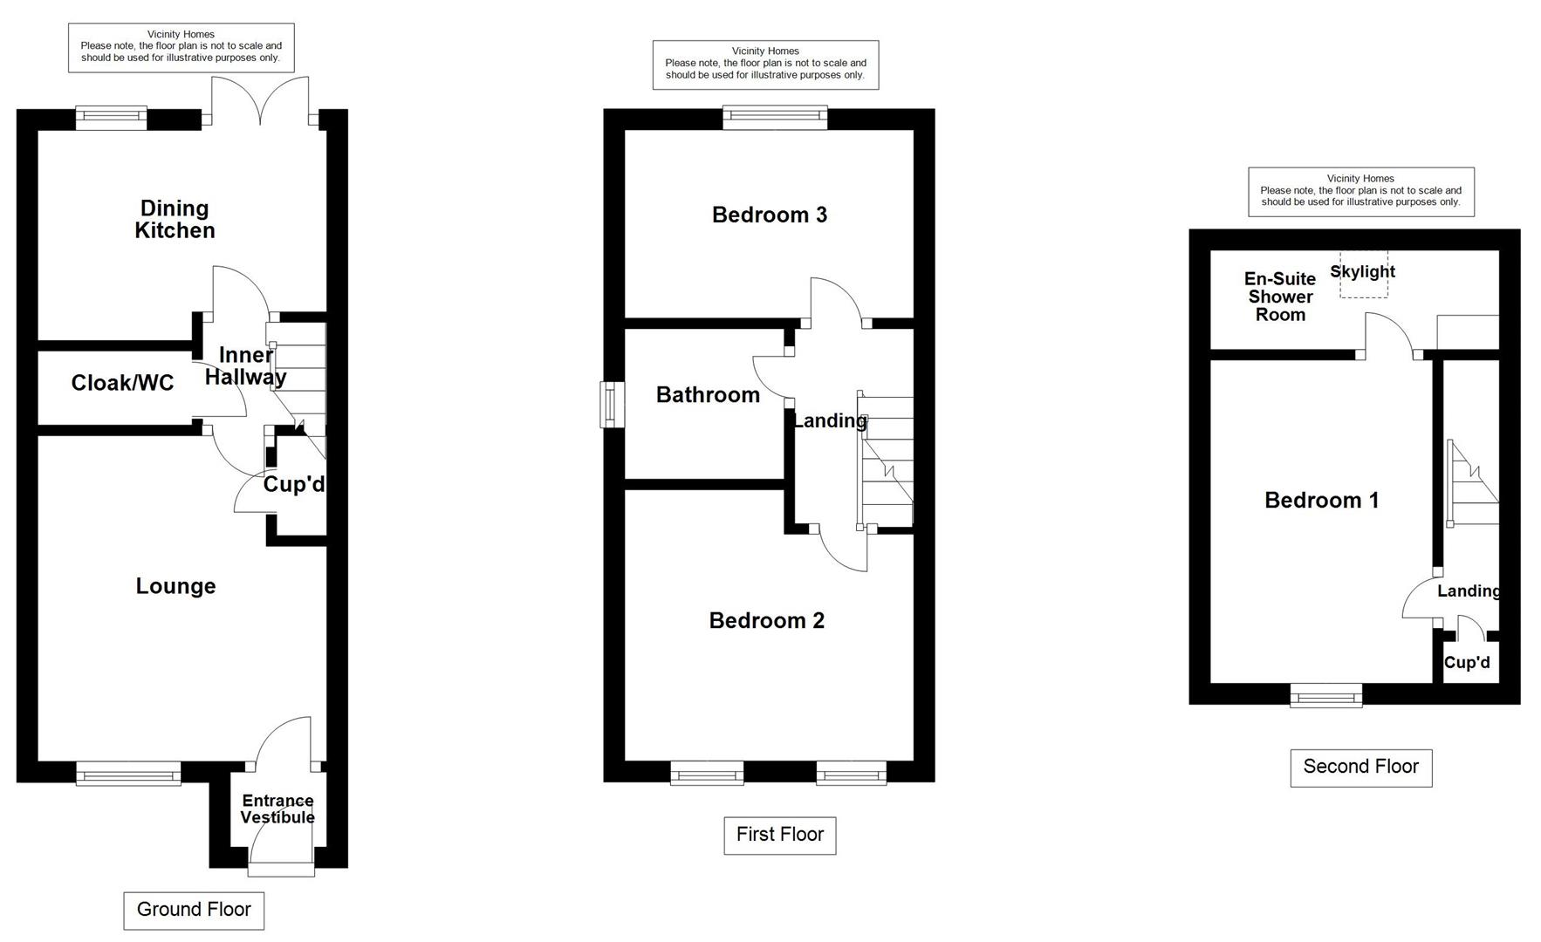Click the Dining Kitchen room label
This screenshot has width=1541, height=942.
(175, 219)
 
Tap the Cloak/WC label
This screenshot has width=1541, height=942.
(122, 383)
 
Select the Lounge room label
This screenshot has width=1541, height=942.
(175, 586)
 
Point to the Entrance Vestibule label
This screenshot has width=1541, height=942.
(277, 809)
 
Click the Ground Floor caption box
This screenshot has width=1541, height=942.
(194, 910)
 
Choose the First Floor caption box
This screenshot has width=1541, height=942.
(779, 835)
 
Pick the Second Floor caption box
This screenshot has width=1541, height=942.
(1360, 767)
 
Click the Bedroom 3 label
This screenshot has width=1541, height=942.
(769, 215)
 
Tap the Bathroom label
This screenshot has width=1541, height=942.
(708, 395)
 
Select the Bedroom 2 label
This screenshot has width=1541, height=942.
(766, 620)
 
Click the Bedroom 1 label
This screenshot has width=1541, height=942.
(1321, 500)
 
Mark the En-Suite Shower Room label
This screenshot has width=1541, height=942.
(1280, 297)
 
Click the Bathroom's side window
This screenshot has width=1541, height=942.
(613, 405)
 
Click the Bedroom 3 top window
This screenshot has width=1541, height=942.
(775, 118)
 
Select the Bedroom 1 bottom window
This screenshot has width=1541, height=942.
(1325, 695)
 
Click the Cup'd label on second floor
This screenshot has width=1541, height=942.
(1467, 663)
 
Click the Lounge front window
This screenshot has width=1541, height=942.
(128, 773)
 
